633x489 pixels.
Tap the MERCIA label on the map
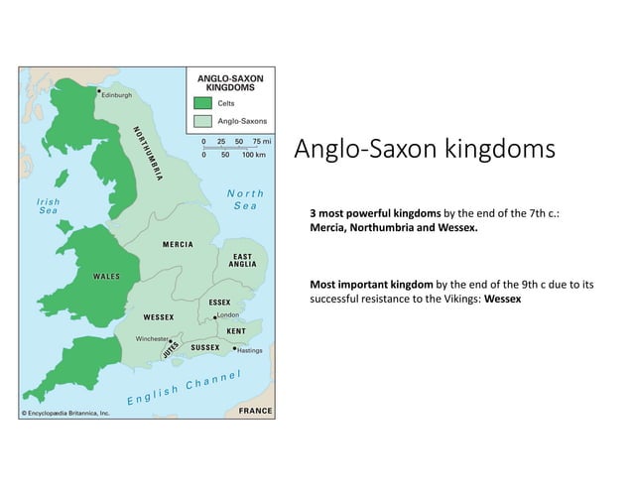coord(173,244)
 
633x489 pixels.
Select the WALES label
coord(106,275)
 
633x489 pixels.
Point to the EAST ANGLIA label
coord(242,260)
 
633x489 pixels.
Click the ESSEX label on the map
coord(220,301)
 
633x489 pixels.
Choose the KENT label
coord(237,329)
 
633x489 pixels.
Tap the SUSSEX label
coord(205,348)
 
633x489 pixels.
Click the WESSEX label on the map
coord(159,316)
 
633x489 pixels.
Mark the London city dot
coord(216,316)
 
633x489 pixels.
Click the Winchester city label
coord(151,338)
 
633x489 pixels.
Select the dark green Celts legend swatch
coord(202,102)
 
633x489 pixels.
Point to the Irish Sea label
coord(49,205)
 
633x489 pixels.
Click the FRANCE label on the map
coord(255,410)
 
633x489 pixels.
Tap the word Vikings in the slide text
coord(461,298)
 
